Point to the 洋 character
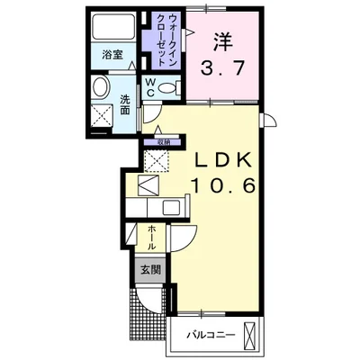223,41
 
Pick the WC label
149,89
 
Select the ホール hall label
153,238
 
